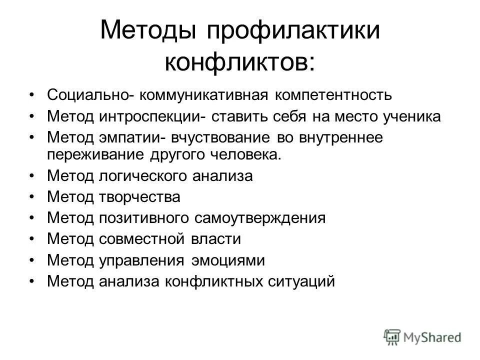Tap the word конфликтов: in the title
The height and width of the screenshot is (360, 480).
(240, 63)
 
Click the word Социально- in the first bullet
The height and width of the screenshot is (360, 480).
(90, 94)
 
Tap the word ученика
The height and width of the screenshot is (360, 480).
(405, 116)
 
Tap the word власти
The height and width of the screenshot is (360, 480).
(215, 239)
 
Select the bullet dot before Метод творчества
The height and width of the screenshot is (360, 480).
(32, 197)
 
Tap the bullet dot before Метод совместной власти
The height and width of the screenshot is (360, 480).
(32, 239)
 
